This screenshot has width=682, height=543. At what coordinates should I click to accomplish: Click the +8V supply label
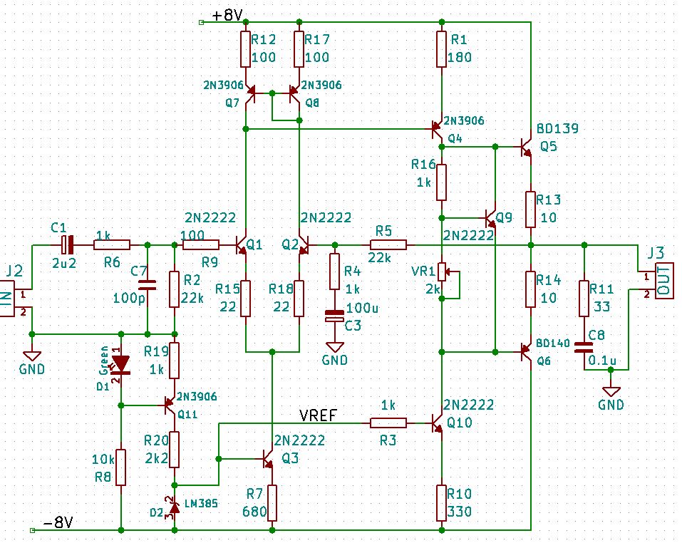[227, 16]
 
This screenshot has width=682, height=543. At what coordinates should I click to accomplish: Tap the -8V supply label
[58, 522]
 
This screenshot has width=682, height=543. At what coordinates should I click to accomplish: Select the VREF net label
[318, 415]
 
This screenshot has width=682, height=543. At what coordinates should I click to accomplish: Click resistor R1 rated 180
[441, 48]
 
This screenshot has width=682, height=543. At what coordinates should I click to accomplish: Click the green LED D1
[121, 364]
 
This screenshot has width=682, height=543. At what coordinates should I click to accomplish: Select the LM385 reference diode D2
[175, 507]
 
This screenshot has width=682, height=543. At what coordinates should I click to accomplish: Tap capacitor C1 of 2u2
[67, 244]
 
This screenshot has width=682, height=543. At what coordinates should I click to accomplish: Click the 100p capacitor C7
[147, 285]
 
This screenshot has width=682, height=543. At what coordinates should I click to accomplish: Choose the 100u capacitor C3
[334, 316]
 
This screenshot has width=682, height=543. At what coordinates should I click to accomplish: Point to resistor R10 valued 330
[441, 503]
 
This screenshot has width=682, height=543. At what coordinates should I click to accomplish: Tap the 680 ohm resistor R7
[272, 503]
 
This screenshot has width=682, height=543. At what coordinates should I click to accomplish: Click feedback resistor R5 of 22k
[388, 244]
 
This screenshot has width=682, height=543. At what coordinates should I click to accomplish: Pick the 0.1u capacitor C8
[584, 347]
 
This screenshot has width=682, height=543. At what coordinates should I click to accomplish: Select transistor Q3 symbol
[267, 459]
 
